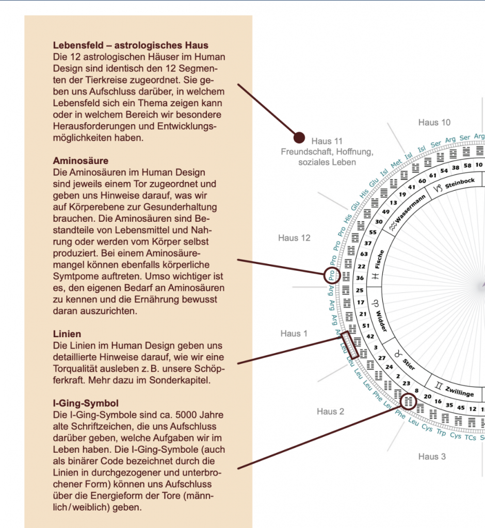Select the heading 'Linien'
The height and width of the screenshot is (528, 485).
coord(67,334)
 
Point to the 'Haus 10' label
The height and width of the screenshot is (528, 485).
coord(434,122)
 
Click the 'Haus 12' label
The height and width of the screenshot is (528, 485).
coord(294,238)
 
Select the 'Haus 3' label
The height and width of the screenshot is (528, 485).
coord(432,456)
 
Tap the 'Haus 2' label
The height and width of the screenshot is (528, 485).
coord(330,411)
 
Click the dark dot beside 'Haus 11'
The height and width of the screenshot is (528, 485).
coord(299,137)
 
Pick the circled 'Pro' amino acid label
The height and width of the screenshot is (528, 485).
coord(332,275)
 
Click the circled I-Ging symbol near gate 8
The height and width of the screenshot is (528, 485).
coord(408,401)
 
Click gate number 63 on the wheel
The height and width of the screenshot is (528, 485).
coord(364,254)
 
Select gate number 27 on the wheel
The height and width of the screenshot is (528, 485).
coord(382,357)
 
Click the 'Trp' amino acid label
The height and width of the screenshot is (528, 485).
coord(441,433)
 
